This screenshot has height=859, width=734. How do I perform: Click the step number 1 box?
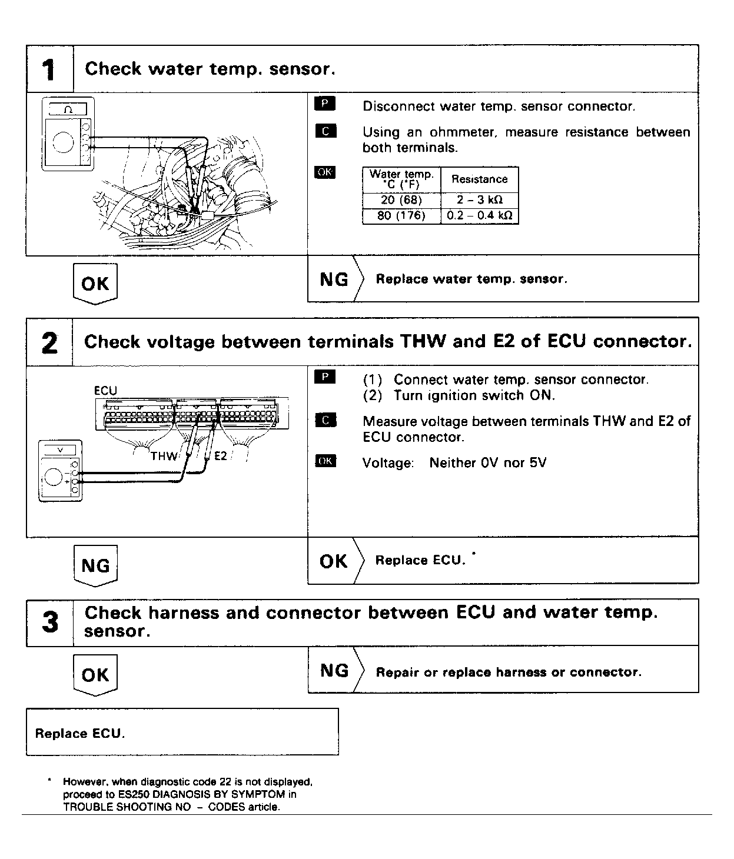pos(49,69)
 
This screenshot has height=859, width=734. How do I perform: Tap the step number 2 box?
pos(49,342)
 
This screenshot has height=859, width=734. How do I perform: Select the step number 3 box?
pos(50,622)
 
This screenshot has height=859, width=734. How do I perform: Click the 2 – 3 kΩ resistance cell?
pos(479,200)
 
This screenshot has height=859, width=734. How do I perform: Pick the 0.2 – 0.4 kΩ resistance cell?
pos(479,215)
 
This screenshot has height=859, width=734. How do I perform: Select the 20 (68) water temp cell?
pos(401,200)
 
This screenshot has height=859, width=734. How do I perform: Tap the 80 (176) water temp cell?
pos(401,215)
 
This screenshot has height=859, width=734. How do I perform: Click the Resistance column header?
pos(479,179)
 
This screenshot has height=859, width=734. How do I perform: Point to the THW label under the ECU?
pos(164,456)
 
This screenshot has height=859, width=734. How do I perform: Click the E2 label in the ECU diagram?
pos(220,456)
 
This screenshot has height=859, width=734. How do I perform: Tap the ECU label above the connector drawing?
pos(105,391)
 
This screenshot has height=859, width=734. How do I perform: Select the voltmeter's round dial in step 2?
pos(54,477)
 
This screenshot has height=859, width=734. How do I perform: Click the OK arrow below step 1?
pos(95,284)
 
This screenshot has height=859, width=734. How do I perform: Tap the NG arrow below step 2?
pos(95,566)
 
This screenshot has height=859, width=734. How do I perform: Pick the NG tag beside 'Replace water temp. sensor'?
pos(334,279)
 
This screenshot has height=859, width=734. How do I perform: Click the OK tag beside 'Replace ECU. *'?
pos(333,561)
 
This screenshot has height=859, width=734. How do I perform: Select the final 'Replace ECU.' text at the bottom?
pos(80,734)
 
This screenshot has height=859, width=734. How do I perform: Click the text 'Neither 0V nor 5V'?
pos(487,463)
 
